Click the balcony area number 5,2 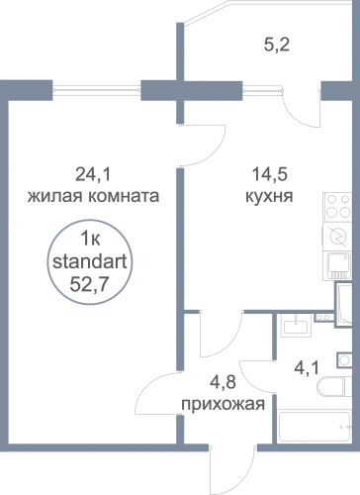click(x=277, y=45)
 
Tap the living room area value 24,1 click(x=93, y=174)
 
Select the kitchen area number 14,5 click(x=270, y=174)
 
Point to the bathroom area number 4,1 click(x=307, y=368)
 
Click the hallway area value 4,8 click(x=223, y=382)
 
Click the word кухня click(x=269, y=196)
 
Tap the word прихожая click(x=224, y=404)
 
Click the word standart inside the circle click(x=90, y=262)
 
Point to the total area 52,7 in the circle click(x=89, y=284)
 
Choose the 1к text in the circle click(x=90, y=239)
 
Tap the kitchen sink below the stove click(x=339, y=265)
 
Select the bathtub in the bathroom click(x=314, y=427)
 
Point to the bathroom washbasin click(x=296, y=326)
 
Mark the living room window click(x=97, y=89)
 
